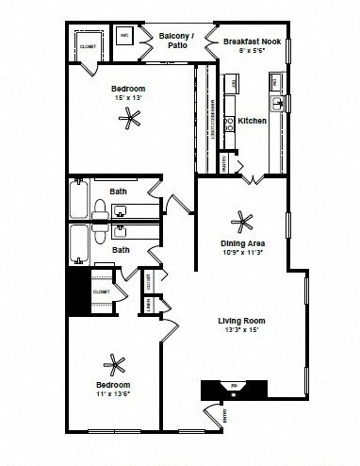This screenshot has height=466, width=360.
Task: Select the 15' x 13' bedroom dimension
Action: pyautogui.click(x=130, y=97)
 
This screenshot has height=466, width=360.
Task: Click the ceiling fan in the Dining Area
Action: pyautogui.click(x=243, y=220)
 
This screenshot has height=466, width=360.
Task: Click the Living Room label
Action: pyautogui.click(x=238, y=320)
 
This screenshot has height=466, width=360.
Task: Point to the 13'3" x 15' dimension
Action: pyautogui.click(x=238, y=330)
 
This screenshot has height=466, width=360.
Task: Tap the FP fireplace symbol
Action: pyautogui.click(x=235, y=387)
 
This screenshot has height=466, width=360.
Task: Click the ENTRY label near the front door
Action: pyautogui.click(x=224, y=414)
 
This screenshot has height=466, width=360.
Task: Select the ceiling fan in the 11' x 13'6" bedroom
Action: pyautogui.click(x=114, y=364)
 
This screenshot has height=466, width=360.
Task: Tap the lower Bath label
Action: pyautogui.click(x=121, y=250)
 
